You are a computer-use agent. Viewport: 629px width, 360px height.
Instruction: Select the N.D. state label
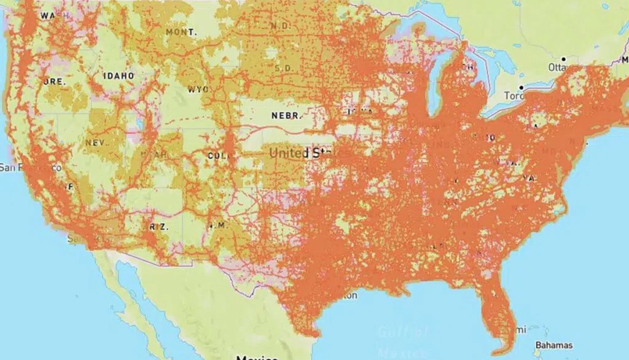point(281,26)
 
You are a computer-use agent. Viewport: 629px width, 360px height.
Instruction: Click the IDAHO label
point(119,76)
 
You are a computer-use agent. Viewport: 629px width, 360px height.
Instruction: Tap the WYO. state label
point(198,89)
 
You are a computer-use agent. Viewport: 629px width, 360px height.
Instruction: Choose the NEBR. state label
point(287,115)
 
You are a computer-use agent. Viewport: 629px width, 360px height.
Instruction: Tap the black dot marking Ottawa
point(563,59)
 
